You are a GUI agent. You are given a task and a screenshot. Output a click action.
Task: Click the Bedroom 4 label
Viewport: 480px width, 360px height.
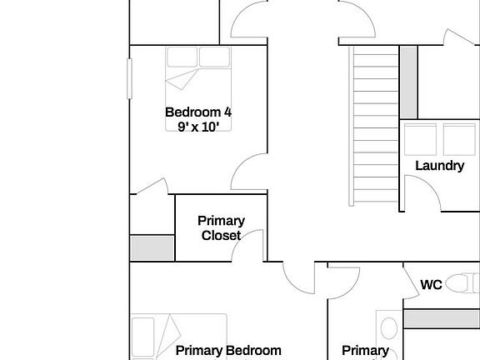tap(197, 112)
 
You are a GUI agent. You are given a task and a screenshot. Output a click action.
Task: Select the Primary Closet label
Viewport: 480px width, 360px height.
tap(221, 227)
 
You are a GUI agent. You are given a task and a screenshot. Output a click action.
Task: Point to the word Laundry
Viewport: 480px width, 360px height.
tap(439, 165)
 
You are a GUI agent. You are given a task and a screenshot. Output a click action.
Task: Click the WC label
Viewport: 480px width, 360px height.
tap(431, 285)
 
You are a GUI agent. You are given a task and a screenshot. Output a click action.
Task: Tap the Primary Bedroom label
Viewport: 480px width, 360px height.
tap(228, 351)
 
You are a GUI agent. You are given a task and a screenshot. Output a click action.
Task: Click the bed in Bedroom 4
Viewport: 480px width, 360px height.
tap(198, 87)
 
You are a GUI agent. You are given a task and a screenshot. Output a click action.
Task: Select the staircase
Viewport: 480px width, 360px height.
tap(375, 125)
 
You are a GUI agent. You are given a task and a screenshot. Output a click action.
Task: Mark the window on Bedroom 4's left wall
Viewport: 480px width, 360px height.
tap(129, 89)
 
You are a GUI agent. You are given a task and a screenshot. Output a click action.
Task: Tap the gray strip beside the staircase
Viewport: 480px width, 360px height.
tap(408, 72)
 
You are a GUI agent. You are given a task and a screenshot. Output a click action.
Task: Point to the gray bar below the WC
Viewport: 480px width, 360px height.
tap(441, 318)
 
